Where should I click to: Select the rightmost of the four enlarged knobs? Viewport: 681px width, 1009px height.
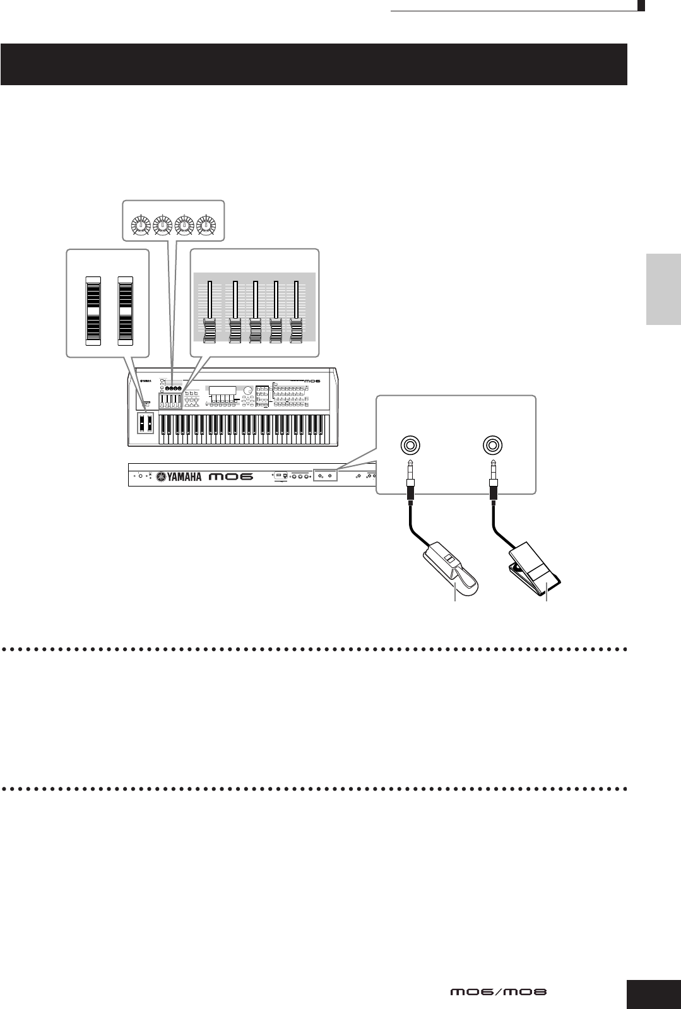tap(205, 225)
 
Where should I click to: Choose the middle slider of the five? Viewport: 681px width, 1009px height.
tap(256, 331)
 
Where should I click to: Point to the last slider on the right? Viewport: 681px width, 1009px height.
tap(296, 331)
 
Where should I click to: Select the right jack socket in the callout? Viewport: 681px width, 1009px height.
tap(491, 445)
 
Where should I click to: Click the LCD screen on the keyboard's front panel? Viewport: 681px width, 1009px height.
tap(223, 391)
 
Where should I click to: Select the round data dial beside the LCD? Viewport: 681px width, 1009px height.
tap(248, 391)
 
